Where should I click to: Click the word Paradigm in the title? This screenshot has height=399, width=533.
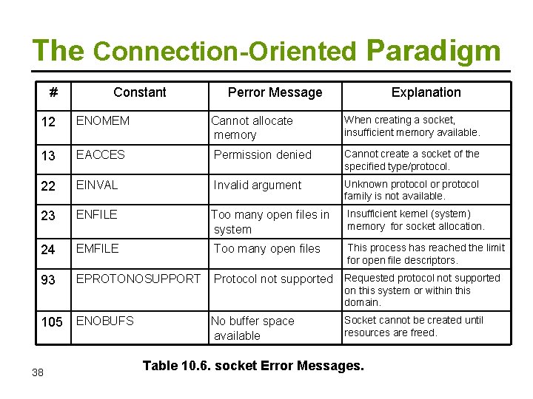(x=433, y=50)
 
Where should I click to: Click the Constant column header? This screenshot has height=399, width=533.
(x=139, y=92)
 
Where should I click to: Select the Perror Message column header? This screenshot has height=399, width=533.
(x=275, y=92)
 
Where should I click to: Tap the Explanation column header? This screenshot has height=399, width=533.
(x=426, y=92)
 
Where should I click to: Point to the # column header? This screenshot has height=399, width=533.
(x=53, y=92)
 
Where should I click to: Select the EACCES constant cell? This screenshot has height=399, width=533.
(x=101, y=154)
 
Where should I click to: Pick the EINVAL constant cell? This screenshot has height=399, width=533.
(x=97, y=185)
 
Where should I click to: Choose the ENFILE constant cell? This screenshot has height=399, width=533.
(x=97, y=214)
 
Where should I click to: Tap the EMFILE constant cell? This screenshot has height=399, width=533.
(x=97, y=248)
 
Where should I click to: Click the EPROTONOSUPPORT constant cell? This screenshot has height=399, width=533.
(x=138, y=279)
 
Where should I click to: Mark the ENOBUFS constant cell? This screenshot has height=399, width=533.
(x=105, y=321)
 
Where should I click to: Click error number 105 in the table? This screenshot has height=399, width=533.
(x=52, y=321)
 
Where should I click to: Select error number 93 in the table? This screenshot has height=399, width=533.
(x=48, y=279)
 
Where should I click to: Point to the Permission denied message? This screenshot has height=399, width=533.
(x=263, y=154)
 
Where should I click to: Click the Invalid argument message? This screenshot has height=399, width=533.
(x=258, y=185)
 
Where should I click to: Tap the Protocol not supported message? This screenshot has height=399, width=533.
(x=273, y=279)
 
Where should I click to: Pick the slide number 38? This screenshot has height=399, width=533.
(x=38, y=372)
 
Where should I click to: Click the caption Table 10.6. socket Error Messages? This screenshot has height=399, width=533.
(x=253, y=365)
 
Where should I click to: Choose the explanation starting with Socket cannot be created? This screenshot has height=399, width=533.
(x=413, y=326)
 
